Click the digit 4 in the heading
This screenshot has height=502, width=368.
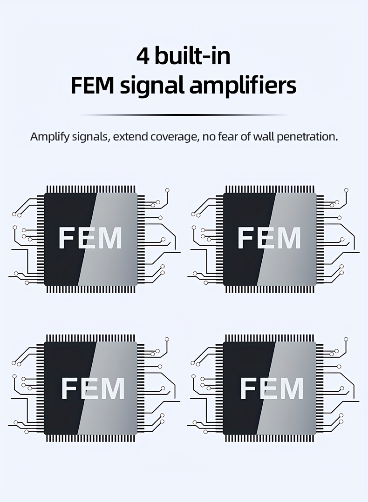143,56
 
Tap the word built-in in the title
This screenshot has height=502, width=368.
193,56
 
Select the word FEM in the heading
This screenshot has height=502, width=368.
92,86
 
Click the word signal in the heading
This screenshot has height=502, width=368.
152,87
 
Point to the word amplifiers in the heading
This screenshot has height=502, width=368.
243,87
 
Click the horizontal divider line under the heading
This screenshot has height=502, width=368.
184,114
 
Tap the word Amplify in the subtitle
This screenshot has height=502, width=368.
50,137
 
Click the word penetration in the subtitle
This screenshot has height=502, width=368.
307,137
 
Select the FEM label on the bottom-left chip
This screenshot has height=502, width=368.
93,388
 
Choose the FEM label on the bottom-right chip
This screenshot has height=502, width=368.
272,388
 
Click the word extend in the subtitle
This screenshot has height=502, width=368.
130,137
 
